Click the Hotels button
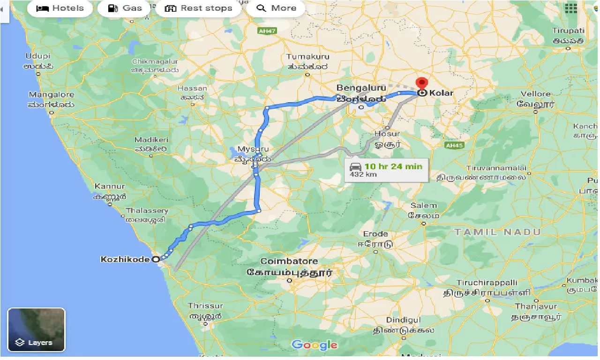[60, 8]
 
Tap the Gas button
[124, 8]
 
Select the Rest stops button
[199, 8]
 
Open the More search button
[277, 8]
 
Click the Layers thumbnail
[37, 330]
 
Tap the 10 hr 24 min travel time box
[386, 170]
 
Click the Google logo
[314, 345]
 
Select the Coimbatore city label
[289, 261]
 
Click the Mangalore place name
[52, 94]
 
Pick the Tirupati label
[568, 31]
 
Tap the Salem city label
[423, 206]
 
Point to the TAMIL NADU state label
[497, 232]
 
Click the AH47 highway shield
[267, 31]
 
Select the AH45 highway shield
[454, 145]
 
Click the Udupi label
[38, 56]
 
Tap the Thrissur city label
[205, 306]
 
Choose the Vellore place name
[536, 94]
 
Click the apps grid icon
[571, 8]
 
